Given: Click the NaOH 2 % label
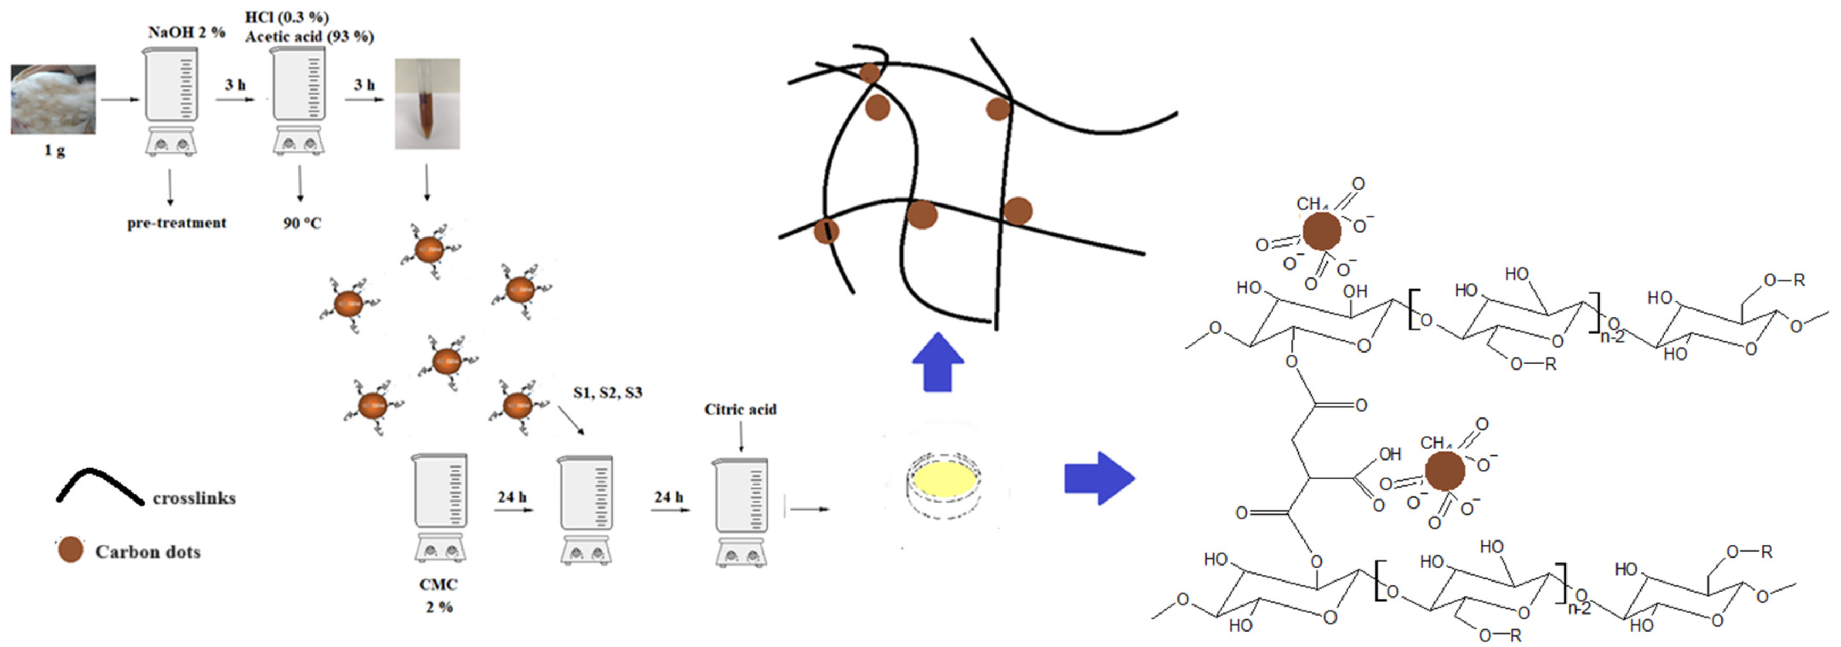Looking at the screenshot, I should [187, 32].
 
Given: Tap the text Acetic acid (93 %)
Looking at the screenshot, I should [310, 36].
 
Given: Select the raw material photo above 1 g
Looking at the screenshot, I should [53, 100].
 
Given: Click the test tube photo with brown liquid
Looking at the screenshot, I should [427, 104].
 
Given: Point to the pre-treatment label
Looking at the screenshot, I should [177, 223].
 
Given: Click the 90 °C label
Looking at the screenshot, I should [302, 223].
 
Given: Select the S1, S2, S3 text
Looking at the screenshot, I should [608, 392].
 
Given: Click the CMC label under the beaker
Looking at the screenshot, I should [438, 585].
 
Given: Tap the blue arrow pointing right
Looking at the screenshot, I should [1098, 478].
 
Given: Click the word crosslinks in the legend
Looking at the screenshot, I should [194, 498].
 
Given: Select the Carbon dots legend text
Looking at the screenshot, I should [147, 552].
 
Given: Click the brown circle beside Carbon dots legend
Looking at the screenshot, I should [70, 549].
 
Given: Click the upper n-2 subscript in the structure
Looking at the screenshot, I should [1612, 337].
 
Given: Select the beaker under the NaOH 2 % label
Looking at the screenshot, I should [171, 100].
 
